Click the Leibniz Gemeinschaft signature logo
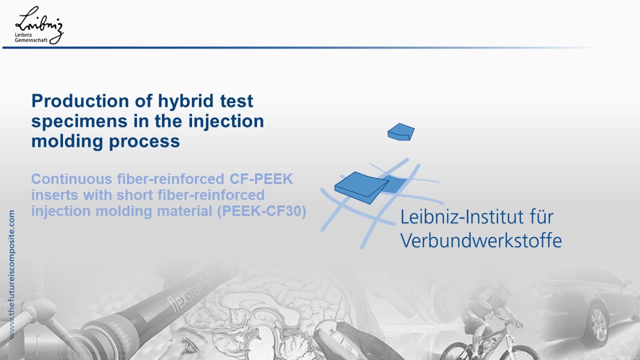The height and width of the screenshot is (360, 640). [x=39, y=25]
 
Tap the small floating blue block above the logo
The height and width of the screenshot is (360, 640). [x=400, y=131]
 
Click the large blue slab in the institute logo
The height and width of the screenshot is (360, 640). [x=360, y=188]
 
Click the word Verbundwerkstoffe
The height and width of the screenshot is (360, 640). [x=481, y=240]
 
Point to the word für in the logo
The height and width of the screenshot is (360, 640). [x=540, y=217]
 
